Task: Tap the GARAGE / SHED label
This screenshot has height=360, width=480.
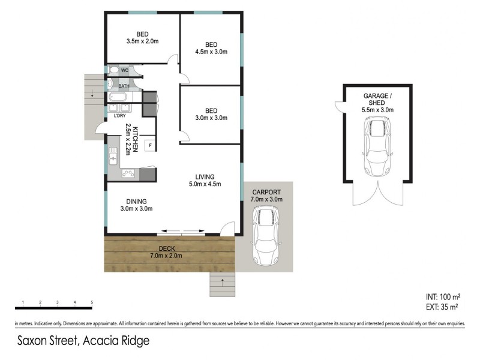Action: click(377, 103)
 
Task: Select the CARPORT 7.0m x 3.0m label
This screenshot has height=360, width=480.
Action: click(266, 195)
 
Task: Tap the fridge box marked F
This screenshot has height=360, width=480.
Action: click(149, 145)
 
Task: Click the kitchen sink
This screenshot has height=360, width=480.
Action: click(112, 158)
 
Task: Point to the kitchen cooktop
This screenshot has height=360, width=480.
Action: click(128, 173)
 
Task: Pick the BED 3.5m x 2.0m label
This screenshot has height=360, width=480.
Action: click(142, 38)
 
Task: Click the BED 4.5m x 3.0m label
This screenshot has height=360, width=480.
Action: click(211, 49)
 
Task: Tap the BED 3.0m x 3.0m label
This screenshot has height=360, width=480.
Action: click(211, 114)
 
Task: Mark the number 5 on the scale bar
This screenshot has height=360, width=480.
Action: click(92, 302)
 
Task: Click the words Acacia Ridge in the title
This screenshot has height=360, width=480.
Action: click(116, 341)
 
